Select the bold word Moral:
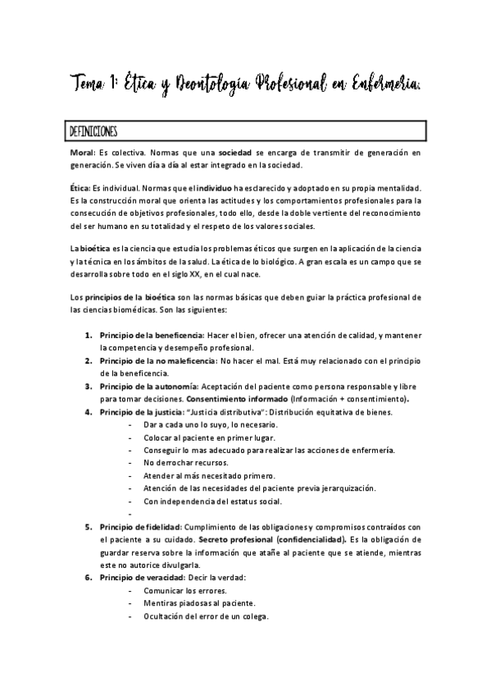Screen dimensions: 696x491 tap(83, 153)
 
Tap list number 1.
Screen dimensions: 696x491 tap(89, 336)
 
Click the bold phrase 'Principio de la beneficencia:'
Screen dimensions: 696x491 tap(152, 336)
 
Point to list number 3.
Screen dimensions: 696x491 tap(89, 385)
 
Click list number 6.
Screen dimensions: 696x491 tap(89, 577)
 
